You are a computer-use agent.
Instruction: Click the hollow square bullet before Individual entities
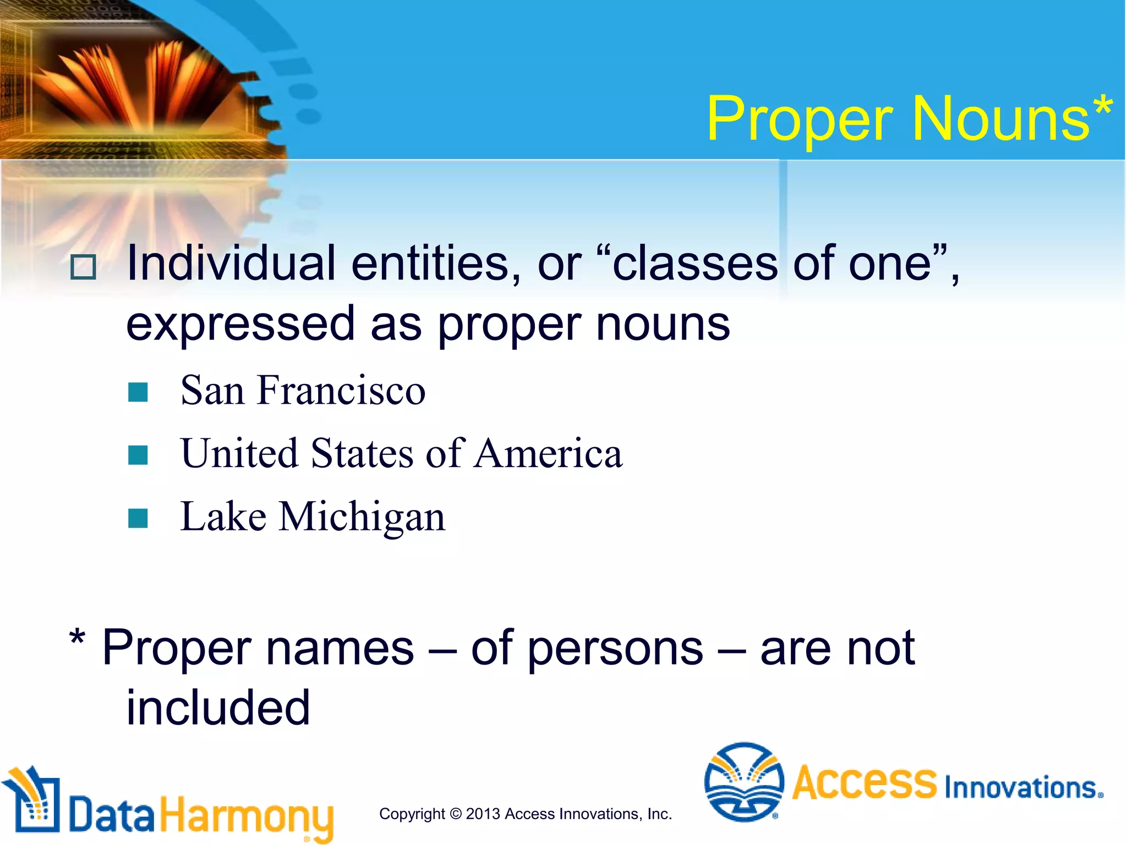coord(84,267)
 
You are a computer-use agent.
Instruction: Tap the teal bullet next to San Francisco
coord(138,392)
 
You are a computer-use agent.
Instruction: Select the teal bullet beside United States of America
coord(138,455)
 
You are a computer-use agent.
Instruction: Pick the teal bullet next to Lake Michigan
coord(138,518)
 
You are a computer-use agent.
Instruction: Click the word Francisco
coord(341,391)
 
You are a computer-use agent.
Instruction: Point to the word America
coord(548,454)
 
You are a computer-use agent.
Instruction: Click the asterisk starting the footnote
coord(78,639)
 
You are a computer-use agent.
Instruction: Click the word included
coord(218,709)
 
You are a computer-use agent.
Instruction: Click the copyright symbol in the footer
coord(456,814)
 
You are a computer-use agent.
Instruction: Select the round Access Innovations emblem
coord(744,782)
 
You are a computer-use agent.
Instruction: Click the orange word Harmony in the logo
coord(247,816)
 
